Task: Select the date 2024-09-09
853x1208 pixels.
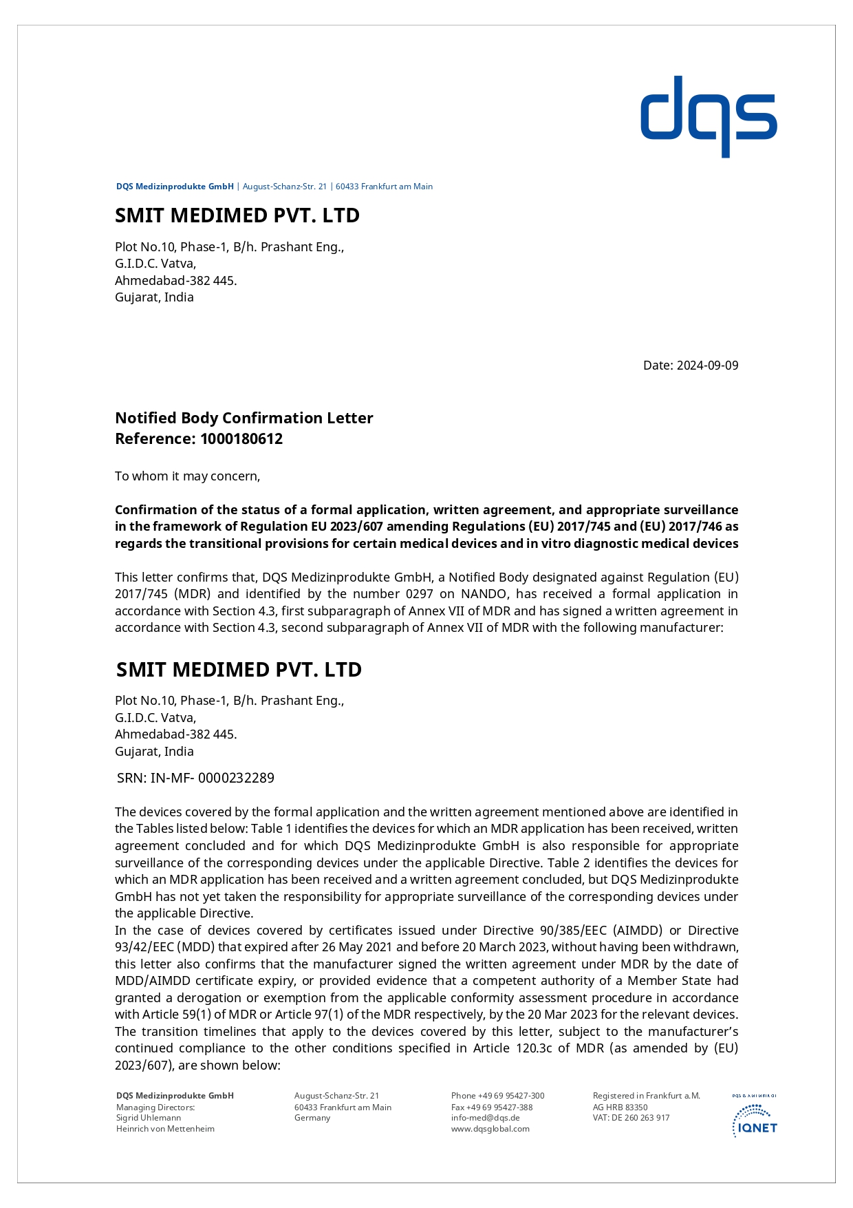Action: (707, 365)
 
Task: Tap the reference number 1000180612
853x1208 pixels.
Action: (241, 439)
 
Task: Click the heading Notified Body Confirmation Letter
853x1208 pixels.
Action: (244, 418)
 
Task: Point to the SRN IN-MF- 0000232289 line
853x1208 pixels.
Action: (195, 778)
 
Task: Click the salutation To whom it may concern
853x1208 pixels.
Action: (187, 476)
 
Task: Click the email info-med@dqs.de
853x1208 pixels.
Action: (485, 1118)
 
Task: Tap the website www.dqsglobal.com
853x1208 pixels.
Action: (490, 1129)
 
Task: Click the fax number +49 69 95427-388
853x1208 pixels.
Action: (507, 1108)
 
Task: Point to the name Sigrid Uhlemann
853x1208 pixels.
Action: (149, 1118)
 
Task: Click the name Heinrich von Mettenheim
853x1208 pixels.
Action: (165, 1129)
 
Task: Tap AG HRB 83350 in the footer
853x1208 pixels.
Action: (620, 1108)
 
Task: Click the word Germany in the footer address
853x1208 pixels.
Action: (312, 1118)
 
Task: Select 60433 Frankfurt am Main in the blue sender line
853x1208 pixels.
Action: (384, 187)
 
